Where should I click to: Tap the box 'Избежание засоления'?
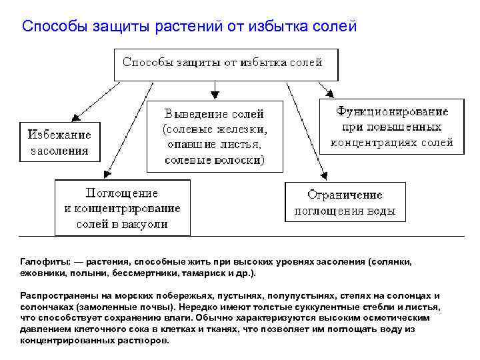coord(59,141)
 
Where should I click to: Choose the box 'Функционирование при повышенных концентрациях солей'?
coord(391,127)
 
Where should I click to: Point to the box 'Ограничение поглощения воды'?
coord(345,203)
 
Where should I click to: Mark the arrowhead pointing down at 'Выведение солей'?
coord(215,95)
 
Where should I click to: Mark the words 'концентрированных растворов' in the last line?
coord(94,340)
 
